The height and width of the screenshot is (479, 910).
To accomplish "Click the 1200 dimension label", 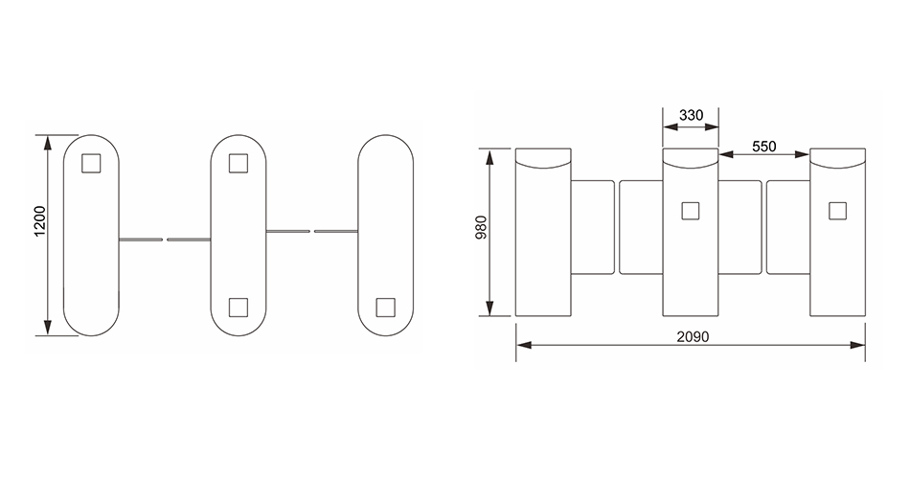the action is [x=40, y=220].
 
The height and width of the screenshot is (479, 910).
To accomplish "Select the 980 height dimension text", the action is [x=482, y=228].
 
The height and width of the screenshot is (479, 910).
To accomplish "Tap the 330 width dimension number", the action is [x=691, y=115].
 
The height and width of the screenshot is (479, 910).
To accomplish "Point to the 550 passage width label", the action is [x=763, y=147].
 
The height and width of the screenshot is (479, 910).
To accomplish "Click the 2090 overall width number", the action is [x=693, y=336].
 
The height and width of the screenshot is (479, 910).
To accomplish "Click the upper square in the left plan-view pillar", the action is [x=91, y=163].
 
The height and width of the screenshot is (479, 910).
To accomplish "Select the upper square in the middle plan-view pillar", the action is [x=239, y=163].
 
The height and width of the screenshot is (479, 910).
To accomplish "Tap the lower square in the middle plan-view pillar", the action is [x=239, y=308].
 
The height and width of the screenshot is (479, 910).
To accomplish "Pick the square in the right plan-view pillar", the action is [x=385, y=308].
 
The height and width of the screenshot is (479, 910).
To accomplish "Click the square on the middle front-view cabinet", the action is [x=690, y=211].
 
